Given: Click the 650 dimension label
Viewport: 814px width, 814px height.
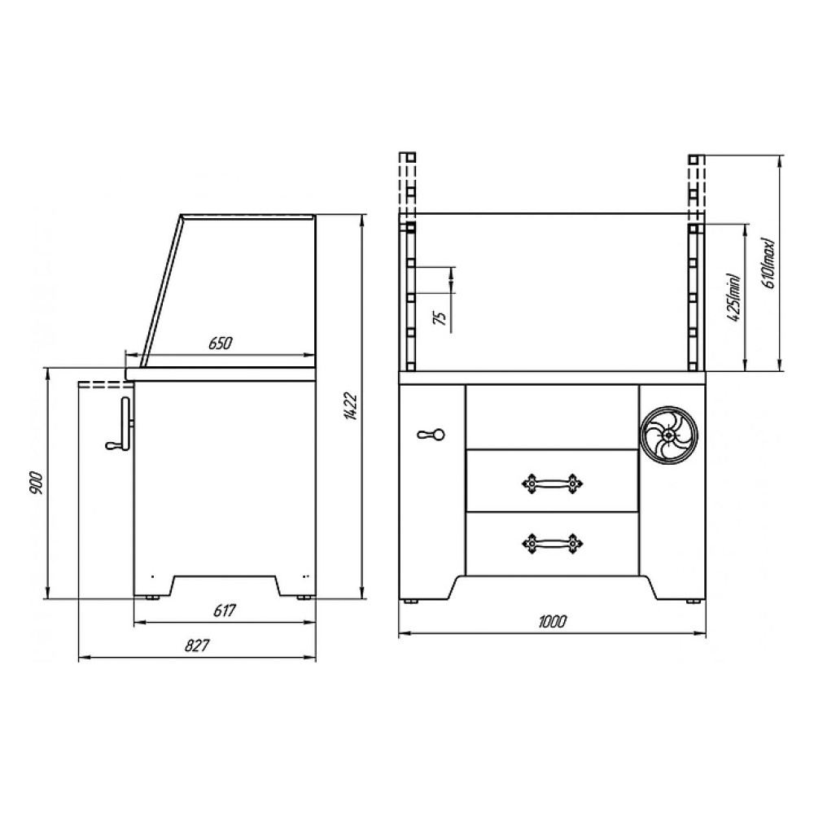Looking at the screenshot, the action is [x=220, y=343].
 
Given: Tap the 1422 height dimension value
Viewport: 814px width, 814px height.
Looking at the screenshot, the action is [x=351, y=406].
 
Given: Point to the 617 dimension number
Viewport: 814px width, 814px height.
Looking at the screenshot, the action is [x=225, y=610].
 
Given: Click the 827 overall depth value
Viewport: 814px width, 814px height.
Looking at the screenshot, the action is [x=197, y=646].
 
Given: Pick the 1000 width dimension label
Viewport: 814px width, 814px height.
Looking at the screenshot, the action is [x=553, y=621].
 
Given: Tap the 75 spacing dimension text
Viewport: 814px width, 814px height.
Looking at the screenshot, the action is [x=440, y=317].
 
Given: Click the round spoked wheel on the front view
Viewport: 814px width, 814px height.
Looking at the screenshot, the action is [x=670, y=433].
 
